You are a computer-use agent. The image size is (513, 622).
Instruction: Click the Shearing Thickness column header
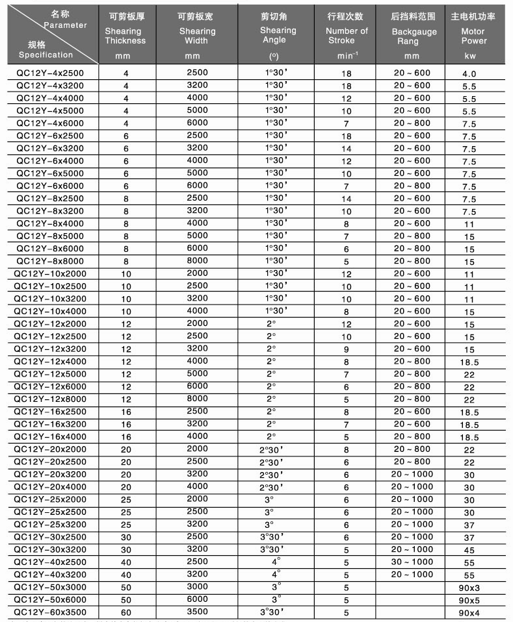[x=125, y=36]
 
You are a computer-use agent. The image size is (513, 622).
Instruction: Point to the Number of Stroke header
[x=346, y=36]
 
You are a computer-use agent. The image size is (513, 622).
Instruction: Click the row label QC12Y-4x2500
[x=49, y=73]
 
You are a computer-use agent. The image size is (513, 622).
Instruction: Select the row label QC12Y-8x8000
[x=49, y=261]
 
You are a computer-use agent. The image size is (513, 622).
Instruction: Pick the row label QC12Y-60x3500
[x=49, y=612]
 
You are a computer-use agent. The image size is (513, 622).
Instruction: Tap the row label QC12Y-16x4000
[x=49, y=436]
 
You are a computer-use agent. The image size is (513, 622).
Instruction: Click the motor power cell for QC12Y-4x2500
[x=469, y=74]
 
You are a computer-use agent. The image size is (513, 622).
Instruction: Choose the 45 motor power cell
[x=469, y=549]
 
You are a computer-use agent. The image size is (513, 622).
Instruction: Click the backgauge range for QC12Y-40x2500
[x=412, y=562]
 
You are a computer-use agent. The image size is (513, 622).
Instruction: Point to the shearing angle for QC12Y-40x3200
[x=276, y=574]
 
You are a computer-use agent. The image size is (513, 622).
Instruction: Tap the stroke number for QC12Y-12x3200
[x=347, y=349]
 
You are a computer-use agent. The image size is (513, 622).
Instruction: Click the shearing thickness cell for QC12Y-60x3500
[x=125, y=612]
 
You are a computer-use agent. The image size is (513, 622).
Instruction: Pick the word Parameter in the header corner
[x=65, y=25]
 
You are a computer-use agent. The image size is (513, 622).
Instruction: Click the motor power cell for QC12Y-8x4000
[x=469, y=224]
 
